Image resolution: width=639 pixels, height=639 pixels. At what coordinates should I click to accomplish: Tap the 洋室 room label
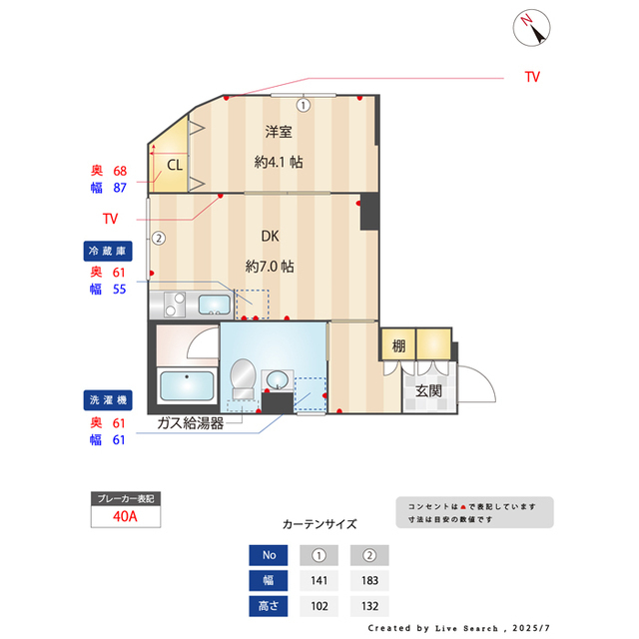[279, 132]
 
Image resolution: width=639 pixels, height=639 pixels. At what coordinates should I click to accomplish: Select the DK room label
[270, 237]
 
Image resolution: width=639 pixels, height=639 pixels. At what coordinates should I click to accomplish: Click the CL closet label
[174, 166]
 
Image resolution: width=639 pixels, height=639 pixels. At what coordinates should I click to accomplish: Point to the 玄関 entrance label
[416, 391]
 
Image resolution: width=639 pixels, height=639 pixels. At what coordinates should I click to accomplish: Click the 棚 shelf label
[398, 345]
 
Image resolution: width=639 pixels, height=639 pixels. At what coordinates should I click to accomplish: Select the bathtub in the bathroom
[187, 386]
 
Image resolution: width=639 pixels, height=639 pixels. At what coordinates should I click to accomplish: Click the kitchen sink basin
[215, 304]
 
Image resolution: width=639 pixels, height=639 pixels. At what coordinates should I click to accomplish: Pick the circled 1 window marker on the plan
[303, 104]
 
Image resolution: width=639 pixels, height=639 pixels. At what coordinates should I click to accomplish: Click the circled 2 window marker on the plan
[158, 238]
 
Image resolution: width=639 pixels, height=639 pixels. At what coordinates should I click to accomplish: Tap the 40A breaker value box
[125, 516]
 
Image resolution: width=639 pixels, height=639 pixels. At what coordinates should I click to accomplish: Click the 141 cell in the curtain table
[319, 580]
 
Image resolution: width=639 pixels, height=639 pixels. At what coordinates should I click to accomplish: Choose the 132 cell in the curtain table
[368, 605]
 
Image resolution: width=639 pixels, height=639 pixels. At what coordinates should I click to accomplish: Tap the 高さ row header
[268, 605]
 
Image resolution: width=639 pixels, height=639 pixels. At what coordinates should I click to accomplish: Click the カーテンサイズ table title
[319, 523]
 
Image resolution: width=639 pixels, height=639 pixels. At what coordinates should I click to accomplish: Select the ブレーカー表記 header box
[125, 497]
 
